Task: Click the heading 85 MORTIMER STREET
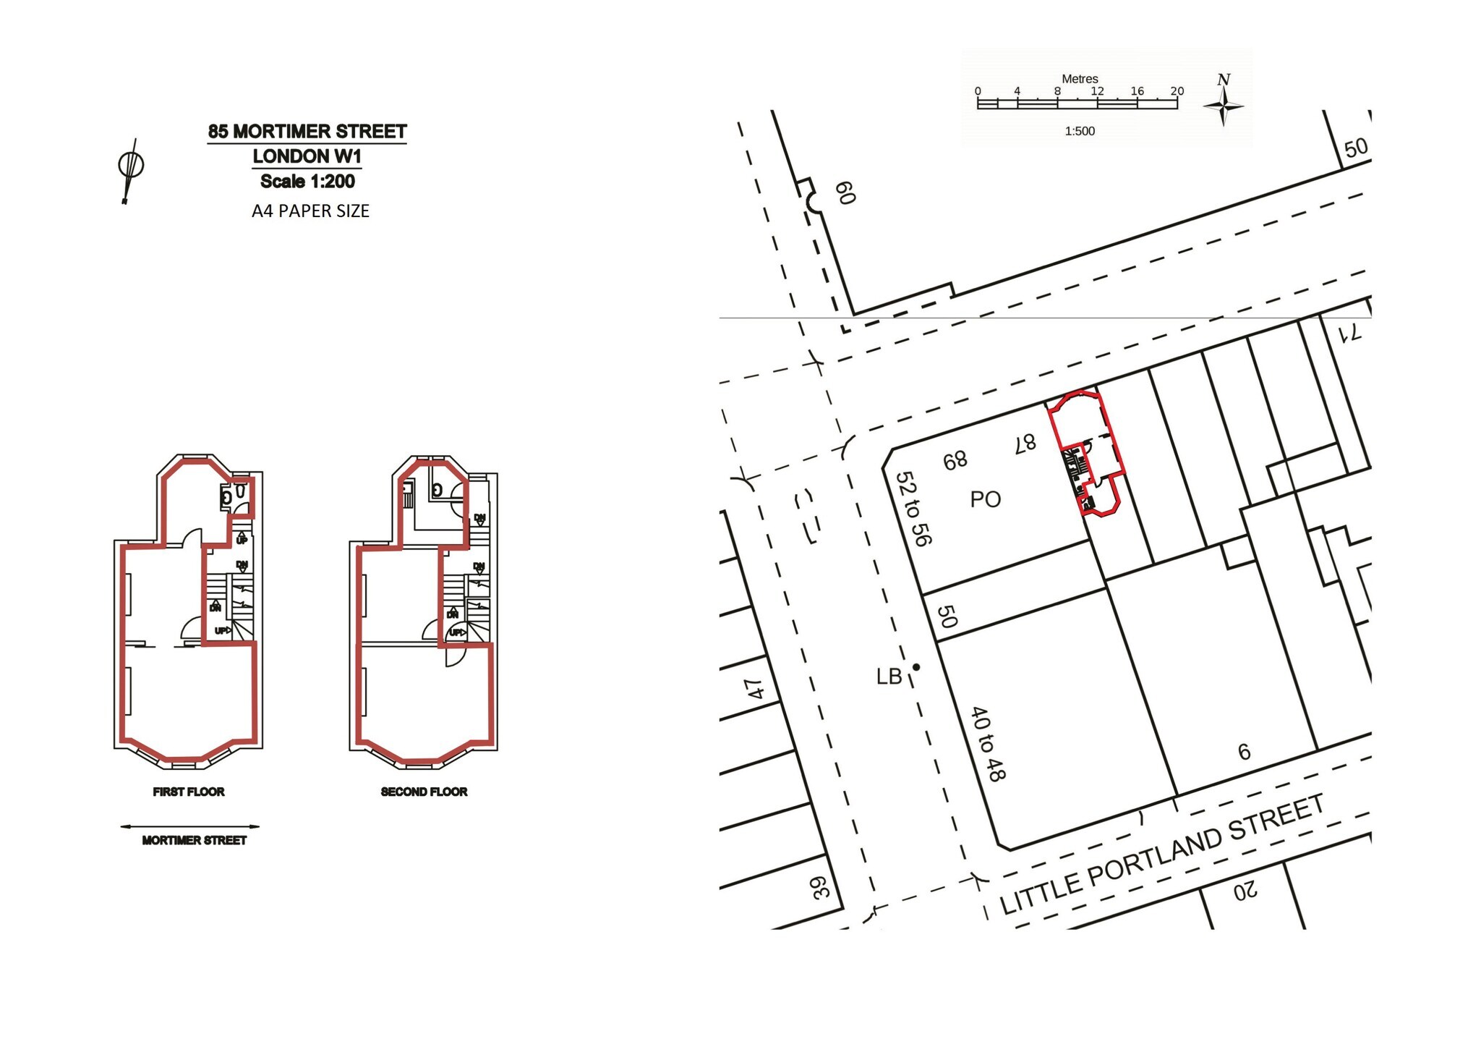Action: (307, 132)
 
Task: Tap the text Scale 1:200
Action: (307, 182)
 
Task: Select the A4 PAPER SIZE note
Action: (310, 211)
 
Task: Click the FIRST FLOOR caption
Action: (189, 792)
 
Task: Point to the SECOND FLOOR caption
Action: (424, 792)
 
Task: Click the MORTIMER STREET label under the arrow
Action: (195, 840)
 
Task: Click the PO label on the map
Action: (985, 499)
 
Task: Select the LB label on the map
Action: (889, 677)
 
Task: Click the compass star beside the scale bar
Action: (1224, 106)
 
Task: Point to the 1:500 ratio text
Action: (1080, 132)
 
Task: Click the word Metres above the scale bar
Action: (1080, 79)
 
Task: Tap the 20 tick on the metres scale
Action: (1177, 91)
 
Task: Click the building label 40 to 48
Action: (987, 744)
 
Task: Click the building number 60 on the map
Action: (845, 193)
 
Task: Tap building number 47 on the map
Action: (754, 689)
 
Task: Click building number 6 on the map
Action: (1244, 753)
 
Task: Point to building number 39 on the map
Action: (820, 888)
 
